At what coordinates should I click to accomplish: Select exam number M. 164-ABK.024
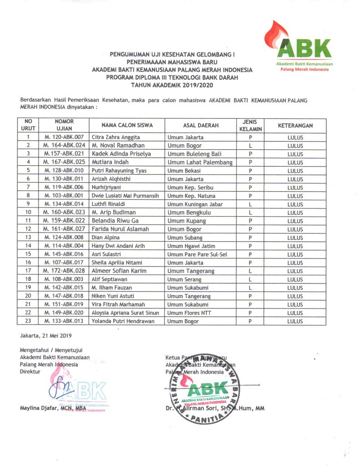(x=64, y=146)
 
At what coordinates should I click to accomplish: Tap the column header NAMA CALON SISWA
(x=121, y=125)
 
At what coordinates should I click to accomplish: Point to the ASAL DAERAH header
(x=201, y=125)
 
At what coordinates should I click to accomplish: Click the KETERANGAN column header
(x=295, y=125)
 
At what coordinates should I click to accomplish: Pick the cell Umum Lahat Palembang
(x=200, y=162)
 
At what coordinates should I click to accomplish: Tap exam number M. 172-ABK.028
(x=64, y=271)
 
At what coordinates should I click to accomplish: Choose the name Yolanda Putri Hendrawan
(x=123, y=321)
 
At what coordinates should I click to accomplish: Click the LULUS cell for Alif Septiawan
(x=295, y=279)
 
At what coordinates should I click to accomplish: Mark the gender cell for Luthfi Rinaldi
(x=250, y=204)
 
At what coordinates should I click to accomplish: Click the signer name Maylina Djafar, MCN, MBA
(x=53, y=408)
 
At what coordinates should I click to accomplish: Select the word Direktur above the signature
(x=30, y=371)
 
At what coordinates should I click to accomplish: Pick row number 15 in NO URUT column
(x=28, y=254)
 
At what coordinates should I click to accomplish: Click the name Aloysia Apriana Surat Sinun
(x=125, y=313)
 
